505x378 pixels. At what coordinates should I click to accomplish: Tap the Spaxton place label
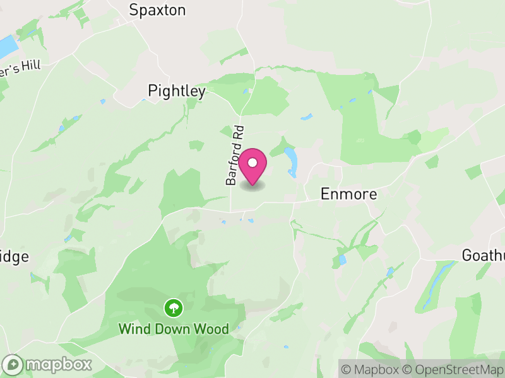(157, 9)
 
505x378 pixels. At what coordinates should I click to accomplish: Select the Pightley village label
(177, 91)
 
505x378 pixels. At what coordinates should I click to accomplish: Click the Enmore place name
(349, 193)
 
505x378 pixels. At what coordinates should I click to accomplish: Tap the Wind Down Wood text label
(174, 329)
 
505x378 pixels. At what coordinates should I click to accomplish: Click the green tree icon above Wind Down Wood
(174, 308)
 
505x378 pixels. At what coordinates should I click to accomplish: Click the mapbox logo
(48, 364)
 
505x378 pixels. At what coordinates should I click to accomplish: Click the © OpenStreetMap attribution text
(454, 369)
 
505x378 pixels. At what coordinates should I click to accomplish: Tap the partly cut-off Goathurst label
(484, 255)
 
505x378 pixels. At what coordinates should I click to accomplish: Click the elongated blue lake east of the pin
(291, 160)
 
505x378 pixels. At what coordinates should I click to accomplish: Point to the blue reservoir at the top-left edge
(6, 47)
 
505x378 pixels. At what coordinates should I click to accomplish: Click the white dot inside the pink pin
(252, 163)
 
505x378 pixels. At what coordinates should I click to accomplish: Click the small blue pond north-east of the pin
(306, 117)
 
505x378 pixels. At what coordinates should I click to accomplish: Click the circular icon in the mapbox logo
(13, 364)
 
